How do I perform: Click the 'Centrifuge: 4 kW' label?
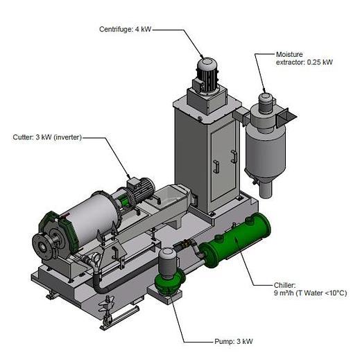click(125, 30)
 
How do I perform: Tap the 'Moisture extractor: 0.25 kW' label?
click(305, 58)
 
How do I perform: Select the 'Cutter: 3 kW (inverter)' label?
click(47, 137)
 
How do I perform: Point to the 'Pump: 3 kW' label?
click(234, 342)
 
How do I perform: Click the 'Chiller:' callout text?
click(285, 285)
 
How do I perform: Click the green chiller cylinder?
click(234, 241)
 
